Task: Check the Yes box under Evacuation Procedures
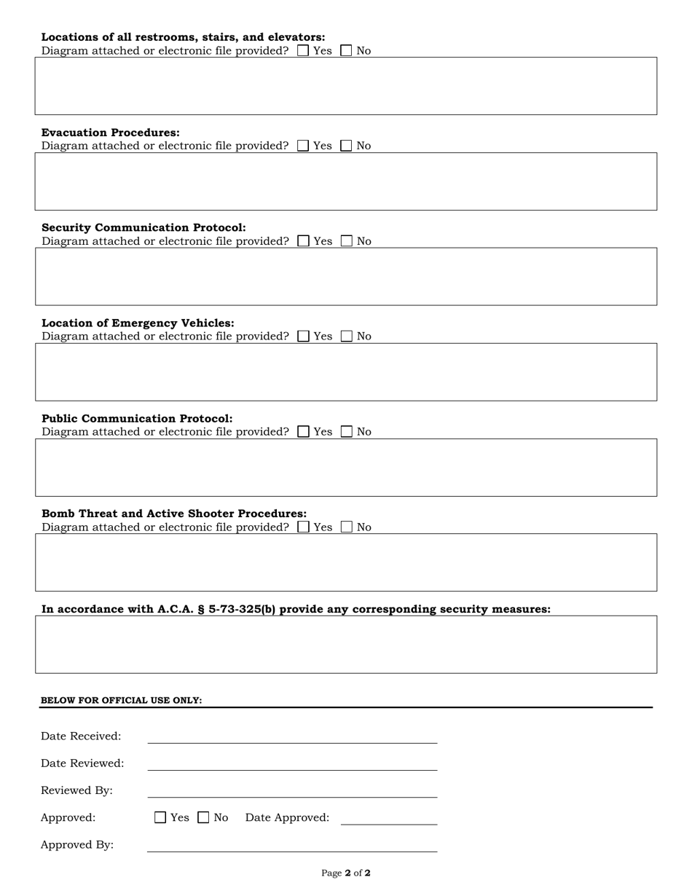coord(303,146)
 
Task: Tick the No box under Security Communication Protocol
coord(347,241)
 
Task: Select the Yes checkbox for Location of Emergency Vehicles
coord(304,336)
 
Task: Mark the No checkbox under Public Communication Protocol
coord(347,431)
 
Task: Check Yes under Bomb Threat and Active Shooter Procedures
coord(304,527)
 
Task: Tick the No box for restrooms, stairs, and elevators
coord(347,51)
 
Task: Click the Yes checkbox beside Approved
coord(160,817)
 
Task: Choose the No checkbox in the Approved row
coord(204,817)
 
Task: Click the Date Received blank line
coord(292,737)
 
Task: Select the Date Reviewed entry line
coord(292,764)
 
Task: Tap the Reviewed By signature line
coord(292,791)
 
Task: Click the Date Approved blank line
coord(389,818)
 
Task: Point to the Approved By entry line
coord(292,845)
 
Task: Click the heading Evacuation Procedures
coord(111,133)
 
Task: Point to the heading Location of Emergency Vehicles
coord(138,323)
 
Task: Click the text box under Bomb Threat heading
coord(346,562)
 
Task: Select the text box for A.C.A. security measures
coord(346,644)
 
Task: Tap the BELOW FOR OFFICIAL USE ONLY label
coord(122,700)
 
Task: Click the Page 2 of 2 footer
coord(346,873)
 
